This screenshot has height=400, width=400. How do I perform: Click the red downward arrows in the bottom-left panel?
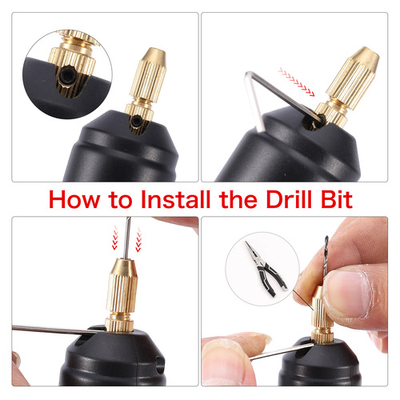tap(119, 238)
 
